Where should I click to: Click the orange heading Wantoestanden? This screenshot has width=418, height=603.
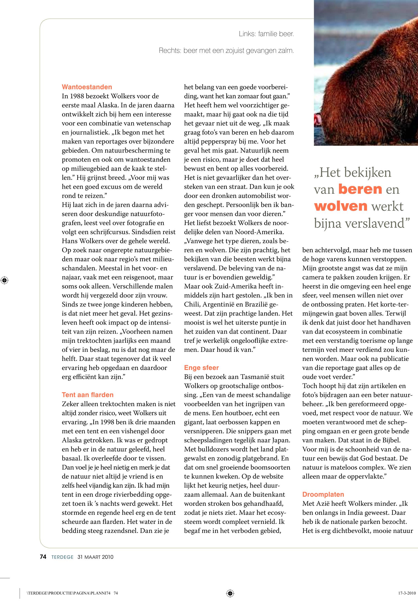(87, 87)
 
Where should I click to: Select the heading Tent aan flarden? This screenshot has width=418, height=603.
(87, 395)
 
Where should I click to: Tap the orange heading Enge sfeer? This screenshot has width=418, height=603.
(201, 368)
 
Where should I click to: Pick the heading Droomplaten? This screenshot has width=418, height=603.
(323, 494)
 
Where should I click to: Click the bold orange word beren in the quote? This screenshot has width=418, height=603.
(360, 189)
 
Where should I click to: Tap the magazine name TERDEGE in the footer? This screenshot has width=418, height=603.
(62, 557)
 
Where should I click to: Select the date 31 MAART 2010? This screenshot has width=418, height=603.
(95, 557)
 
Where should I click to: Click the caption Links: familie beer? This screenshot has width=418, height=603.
(266, 34)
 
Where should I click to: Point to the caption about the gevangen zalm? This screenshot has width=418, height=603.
(226, 51)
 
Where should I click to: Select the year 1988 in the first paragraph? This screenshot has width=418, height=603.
(79, 96)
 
